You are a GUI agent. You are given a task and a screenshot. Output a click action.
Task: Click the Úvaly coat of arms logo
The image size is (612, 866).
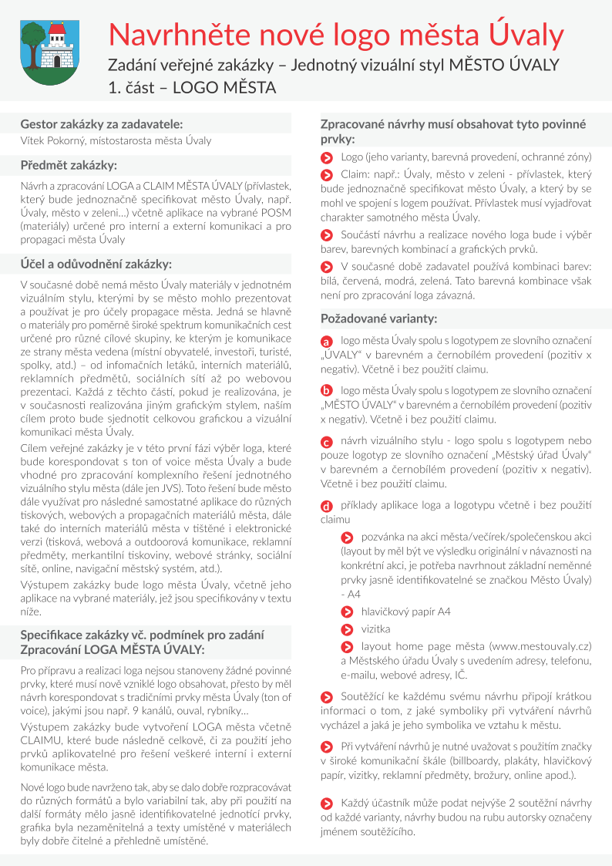(48, 49)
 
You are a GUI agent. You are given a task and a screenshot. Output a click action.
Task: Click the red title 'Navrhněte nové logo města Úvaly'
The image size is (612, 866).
(336, 35)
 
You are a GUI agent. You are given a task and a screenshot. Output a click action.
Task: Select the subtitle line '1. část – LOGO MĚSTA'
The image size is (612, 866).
(192, 88)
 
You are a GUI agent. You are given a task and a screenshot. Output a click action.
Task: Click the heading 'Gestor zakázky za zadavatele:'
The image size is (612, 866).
(102, 123)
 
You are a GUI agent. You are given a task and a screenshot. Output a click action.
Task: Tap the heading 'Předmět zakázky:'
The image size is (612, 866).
(69, 165)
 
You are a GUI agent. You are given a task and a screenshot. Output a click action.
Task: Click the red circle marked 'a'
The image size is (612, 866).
(327, 341)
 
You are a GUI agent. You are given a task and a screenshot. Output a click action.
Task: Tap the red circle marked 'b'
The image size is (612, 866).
(327, 391)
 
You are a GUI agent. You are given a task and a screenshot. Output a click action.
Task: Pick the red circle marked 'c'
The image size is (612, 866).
(327, 442)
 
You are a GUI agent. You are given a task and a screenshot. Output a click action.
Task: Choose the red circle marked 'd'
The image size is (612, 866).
(327, 506)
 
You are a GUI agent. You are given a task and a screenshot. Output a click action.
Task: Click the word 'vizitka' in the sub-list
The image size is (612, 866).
(376, 628)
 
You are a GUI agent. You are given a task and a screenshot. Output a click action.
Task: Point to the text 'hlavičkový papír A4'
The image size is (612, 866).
(406, 612)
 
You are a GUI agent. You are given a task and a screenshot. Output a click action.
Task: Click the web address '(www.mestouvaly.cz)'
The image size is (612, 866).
(541, 645)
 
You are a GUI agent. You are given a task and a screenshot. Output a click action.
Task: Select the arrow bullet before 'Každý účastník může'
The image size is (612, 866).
(327, 804)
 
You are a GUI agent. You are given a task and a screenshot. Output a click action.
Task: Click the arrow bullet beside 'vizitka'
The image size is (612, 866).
(348, 628)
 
